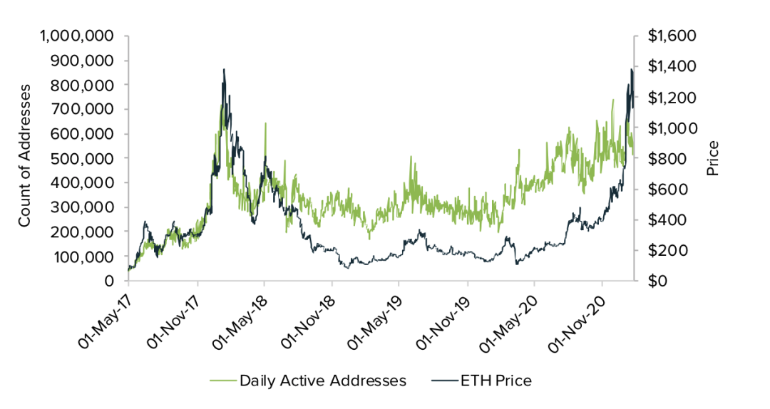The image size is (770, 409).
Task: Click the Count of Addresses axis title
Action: coord(25,155)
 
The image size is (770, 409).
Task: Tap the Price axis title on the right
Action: coord(712,158)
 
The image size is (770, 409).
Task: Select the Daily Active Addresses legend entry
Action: coord(323,380)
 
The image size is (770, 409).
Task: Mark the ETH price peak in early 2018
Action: coord(224,70)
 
